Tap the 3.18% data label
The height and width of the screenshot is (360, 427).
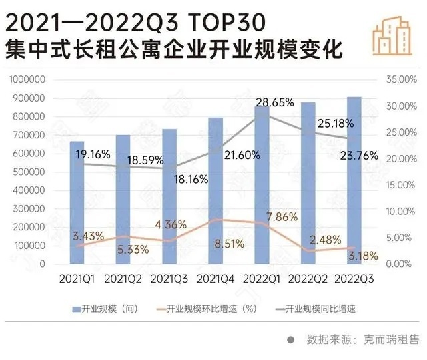363,256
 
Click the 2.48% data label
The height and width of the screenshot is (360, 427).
325,239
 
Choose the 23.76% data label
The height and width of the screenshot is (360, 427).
360,155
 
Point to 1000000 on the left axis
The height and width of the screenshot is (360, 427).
28,79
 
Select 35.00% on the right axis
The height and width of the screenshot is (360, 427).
401,79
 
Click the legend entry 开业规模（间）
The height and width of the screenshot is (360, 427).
107,309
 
